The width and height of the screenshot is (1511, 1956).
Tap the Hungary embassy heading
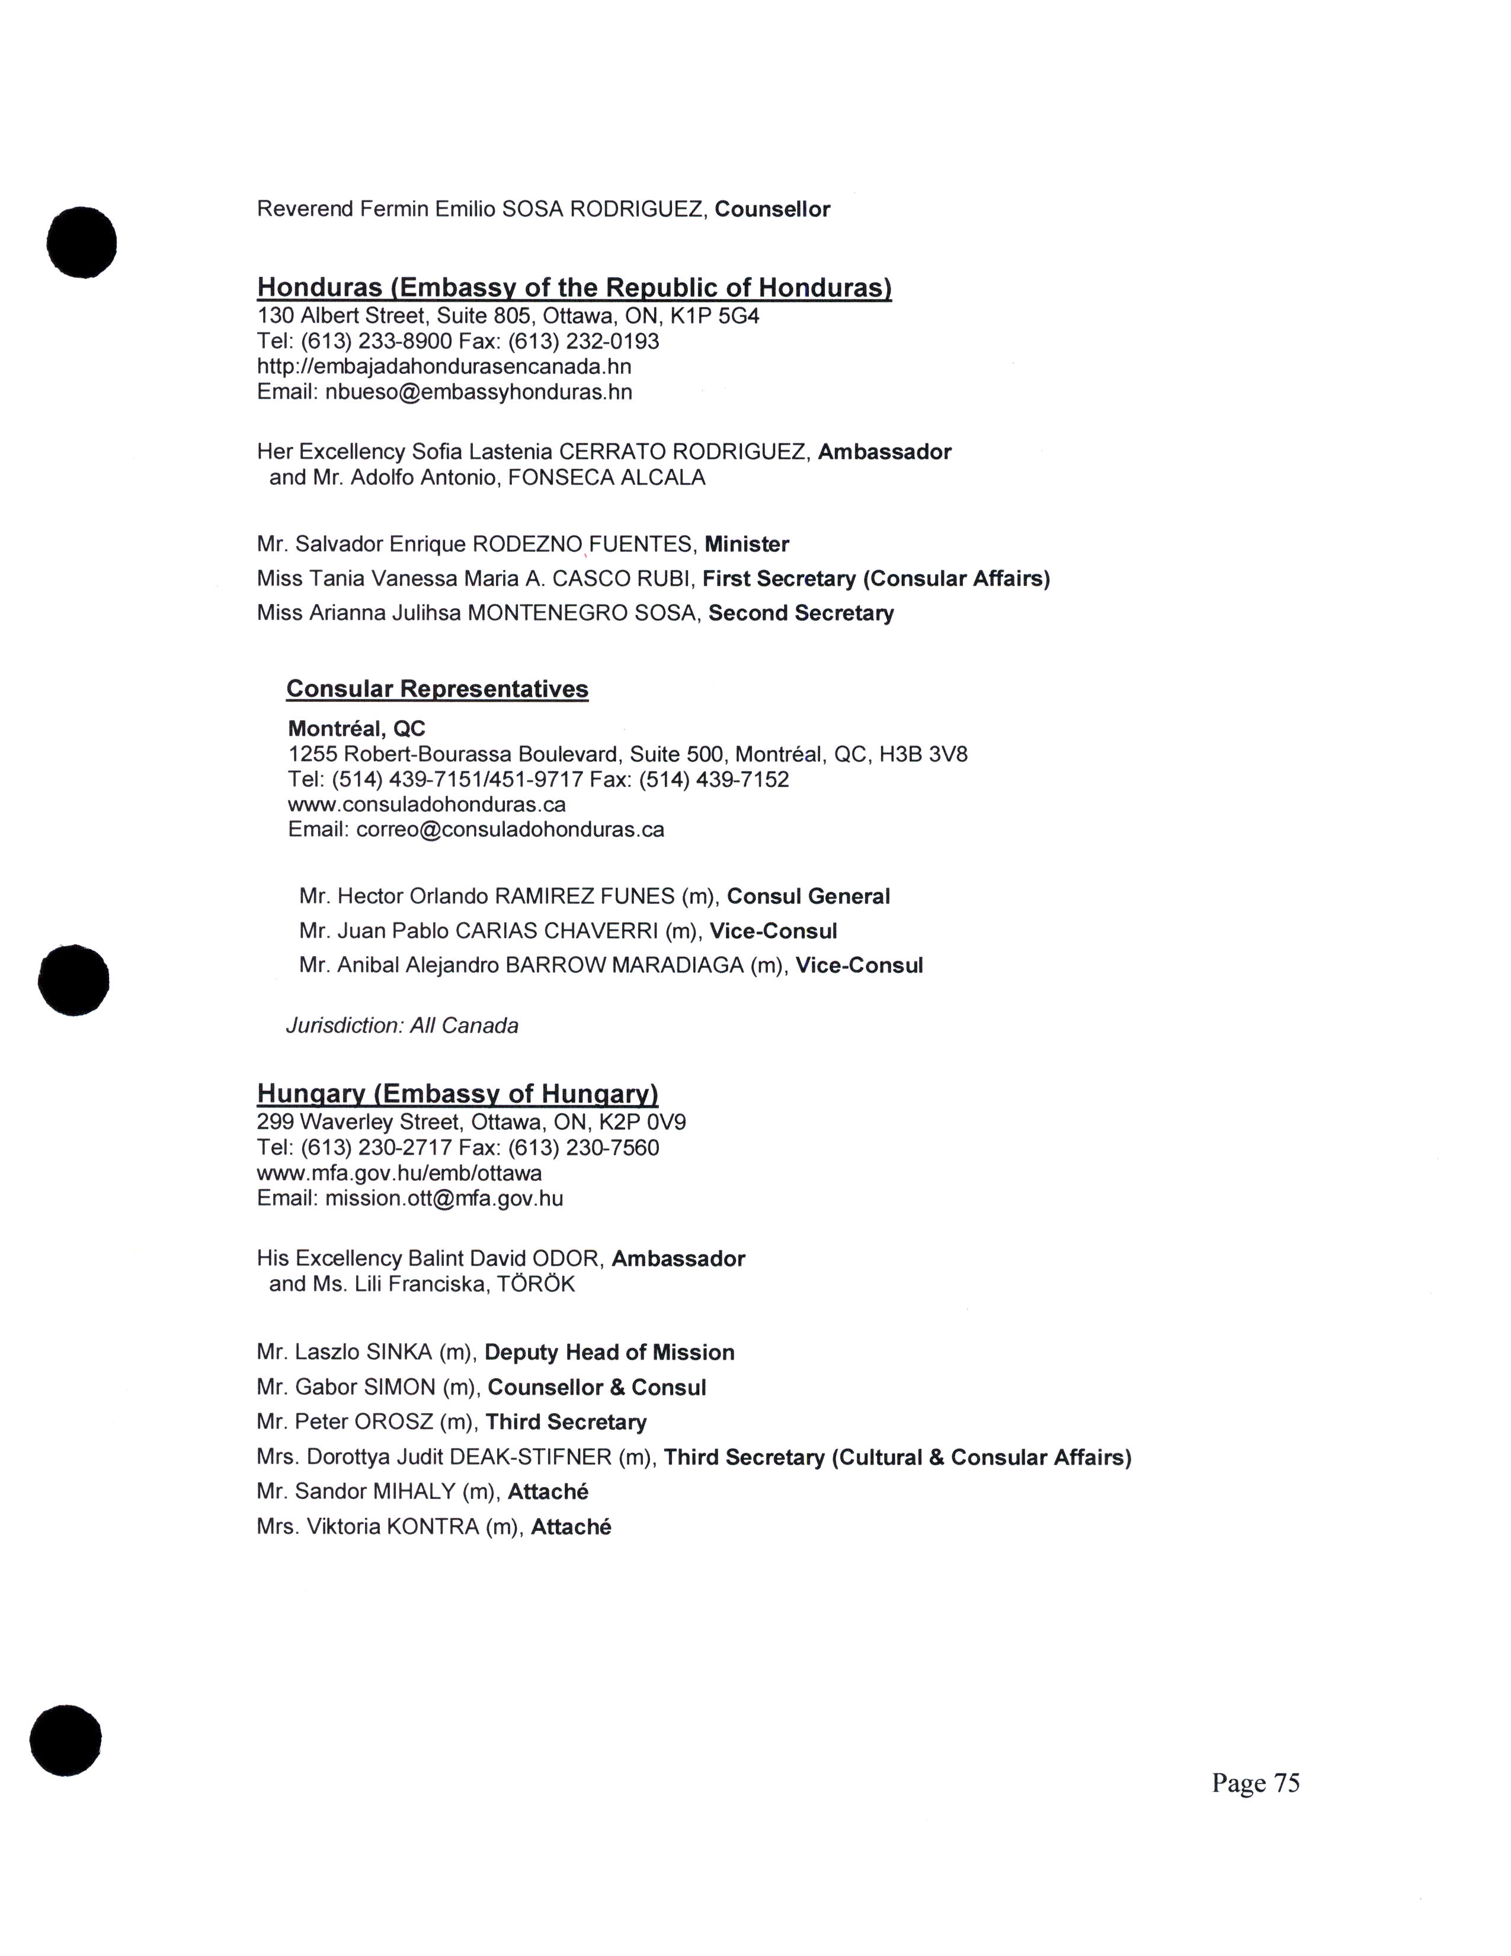coord(457,1094)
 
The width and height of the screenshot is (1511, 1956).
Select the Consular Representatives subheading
coord(437,689)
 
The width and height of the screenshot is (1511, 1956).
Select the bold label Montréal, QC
coord(356,729)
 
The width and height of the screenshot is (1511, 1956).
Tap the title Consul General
coord(808,896)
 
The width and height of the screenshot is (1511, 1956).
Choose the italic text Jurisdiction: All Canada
coord(402,1025)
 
